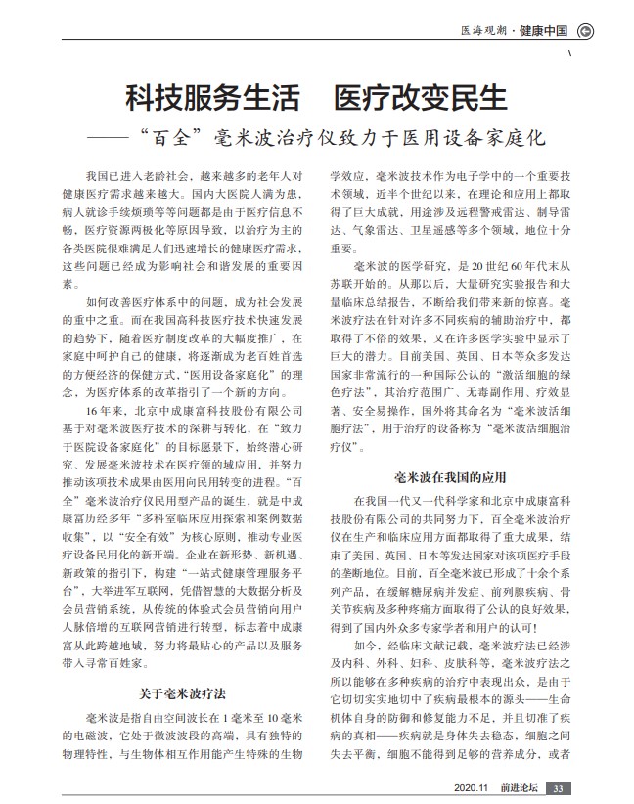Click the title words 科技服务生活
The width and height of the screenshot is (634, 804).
tap(212, 98)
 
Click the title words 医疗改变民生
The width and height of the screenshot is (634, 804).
tap(422, 98)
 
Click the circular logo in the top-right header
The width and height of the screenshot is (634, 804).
tap(585, 30)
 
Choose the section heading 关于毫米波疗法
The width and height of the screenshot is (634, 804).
tap(182, 693)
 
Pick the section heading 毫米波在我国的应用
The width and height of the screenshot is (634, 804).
tap(449, 477)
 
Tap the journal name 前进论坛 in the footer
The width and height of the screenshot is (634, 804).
tap(519, 789)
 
